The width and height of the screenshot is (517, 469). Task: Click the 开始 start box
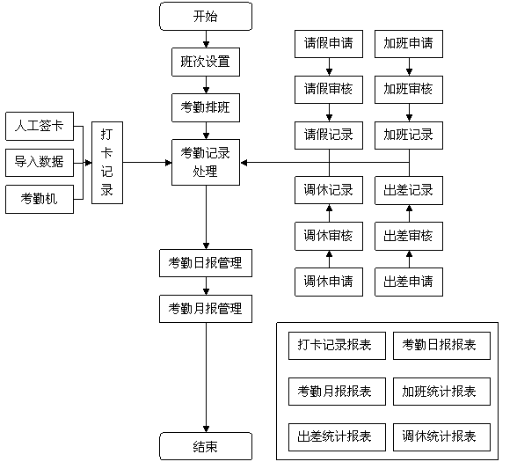(x=206, y=17)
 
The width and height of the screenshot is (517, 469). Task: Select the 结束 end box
(x=206, y=446)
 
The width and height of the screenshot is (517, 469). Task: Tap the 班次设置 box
(x=206, y=62)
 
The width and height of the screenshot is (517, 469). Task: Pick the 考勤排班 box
(x=206, y=107)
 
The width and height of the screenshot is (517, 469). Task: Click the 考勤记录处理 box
(x=206, y=162)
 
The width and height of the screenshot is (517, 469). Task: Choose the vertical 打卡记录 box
(x=107, y=163)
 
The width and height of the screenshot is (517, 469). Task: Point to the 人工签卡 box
(x=40, y=126)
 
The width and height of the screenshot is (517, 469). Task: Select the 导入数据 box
(x=40, y=163)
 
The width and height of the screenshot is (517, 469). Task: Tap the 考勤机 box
(x=40, y=199)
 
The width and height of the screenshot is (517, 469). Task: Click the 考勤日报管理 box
(x=206, y=263)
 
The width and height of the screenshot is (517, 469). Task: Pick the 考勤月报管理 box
(x=206, y=309)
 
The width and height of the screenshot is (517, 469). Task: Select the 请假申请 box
(x=329, y=44)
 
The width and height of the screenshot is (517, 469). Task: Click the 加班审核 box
(x=409, y=90)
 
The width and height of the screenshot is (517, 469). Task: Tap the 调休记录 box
(x=329, y=190)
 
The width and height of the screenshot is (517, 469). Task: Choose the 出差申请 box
(x=409, y=282)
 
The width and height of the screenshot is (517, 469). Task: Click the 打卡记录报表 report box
(x=337, y=346)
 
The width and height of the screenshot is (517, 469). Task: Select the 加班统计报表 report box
(x=441, y=392)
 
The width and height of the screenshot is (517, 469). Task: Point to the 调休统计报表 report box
(x=441, y=437)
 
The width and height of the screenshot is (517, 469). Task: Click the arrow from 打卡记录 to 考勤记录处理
(x=148, y=163)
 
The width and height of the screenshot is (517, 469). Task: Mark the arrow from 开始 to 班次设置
(x=206, y=40)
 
